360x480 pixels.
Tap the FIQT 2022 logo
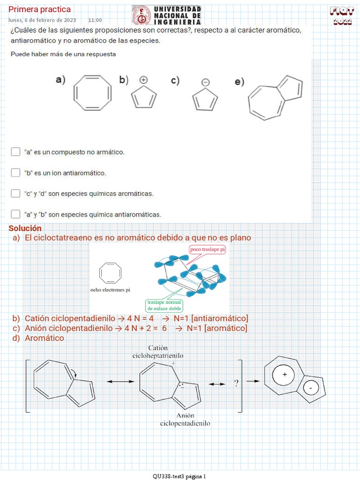pos(342,15)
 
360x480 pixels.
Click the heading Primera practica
pos(40,9)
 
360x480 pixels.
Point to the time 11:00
pos(95,20)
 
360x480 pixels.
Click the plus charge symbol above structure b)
pos(143,80)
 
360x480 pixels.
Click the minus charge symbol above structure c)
pos(205,82)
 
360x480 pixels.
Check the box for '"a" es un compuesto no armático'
pos(15,152)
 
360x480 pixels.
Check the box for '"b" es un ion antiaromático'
pos(15,172)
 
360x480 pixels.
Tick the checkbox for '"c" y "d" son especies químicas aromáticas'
pos(15,193)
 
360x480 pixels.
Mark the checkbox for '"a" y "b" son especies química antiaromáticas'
pos(15,214)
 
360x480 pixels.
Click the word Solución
pos(25,228)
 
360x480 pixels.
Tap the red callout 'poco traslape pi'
pos(207,249)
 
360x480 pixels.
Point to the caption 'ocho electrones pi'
pos(110,290)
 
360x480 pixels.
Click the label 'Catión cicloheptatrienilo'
pos(157,352)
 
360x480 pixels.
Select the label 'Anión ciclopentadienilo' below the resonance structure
pos(185,419)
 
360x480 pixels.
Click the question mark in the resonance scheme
pos(236,383)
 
